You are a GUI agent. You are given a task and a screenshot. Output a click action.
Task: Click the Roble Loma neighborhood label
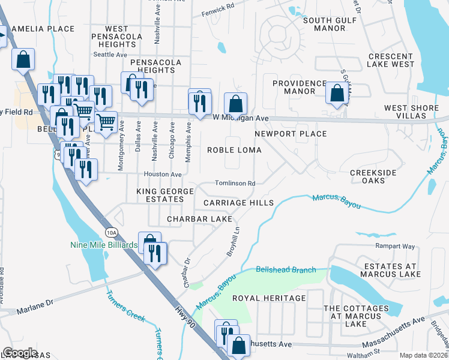click(x=232, y=150)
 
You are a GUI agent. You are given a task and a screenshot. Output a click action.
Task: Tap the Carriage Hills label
click(x=238, y=203)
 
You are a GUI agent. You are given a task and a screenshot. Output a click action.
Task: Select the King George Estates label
click(x=165, y=195)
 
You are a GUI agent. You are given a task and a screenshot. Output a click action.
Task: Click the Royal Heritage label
click(x=269, y=298)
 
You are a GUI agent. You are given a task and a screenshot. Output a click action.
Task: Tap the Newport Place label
click(x=291, y=134)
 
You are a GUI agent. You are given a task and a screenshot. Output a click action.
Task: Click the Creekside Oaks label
click(x=373, y=176)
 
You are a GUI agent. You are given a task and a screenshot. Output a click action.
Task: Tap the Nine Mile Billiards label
click(x=104, y=245)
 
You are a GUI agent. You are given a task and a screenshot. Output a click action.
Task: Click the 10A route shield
click(x=111, y=232)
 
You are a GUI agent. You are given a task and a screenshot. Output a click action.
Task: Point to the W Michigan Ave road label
click(x=240, y=118)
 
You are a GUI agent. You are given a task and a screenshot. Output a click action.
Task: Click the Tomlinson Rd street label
click(x=235, y=184)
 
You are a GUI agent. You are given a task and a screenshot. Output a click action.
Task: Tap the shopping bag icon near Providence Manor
click(x=337, y=94)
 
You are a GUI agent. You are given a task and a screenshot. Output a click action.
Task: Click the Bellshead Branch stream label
click(x=286, y=270)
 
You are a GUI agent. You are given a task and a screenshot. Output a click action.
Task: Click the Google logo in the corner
click(x=20, y=353)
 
